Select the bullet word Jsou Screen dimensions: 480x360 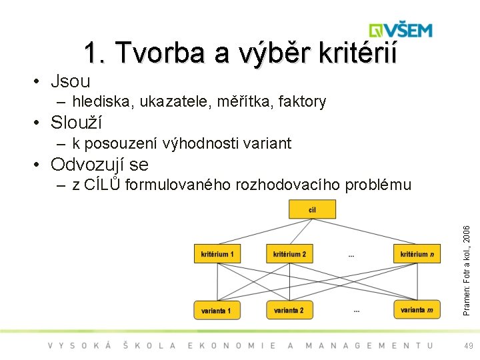(70, 81)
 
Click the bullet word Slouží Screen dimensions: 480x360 (76, 123)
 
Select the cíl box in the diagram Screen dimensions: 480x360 (312, 210)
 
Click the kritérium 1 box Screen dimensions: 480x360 (217, 254)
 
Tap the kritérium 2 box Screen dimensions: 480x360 (290, 254)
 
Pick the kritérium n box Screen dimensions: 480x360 (417, 254)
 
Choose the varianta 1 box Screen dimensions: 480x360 (216, 311)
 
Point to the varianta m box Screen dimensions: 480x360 (417, 310)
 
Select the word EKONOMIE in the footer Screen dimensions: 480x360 (233, 345)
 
